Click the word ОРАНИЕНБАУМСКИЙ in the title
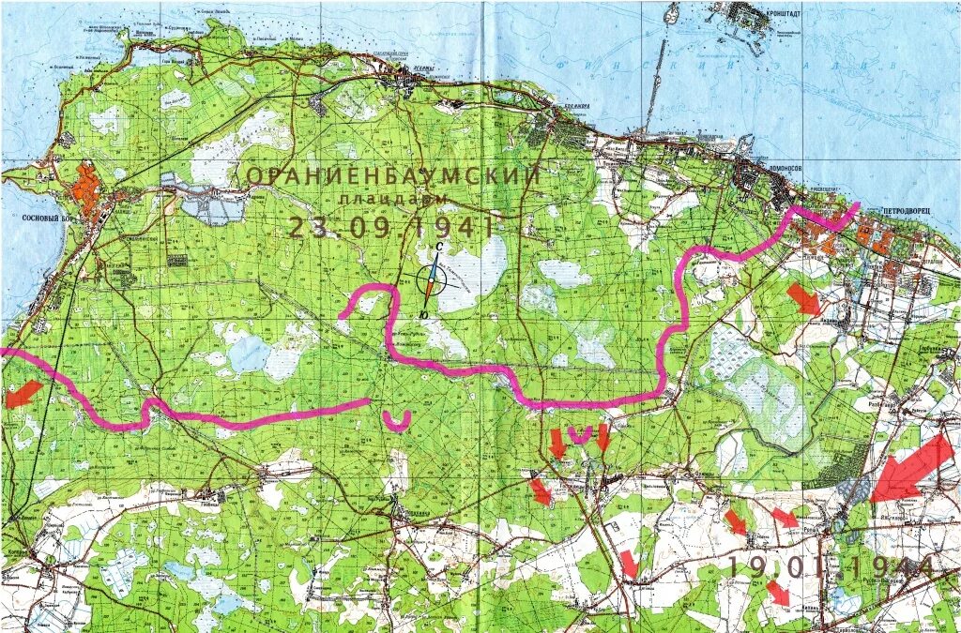(x=393, y=175)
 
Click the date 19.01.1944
(x=831, y=566)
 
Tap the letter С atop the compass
(x=437, y=247)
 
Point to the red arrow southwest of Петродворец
(x=802, y=299)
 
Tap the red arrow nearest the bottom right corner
(x=777, y=593)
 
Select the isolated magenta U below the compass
(x=397, y=419)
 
